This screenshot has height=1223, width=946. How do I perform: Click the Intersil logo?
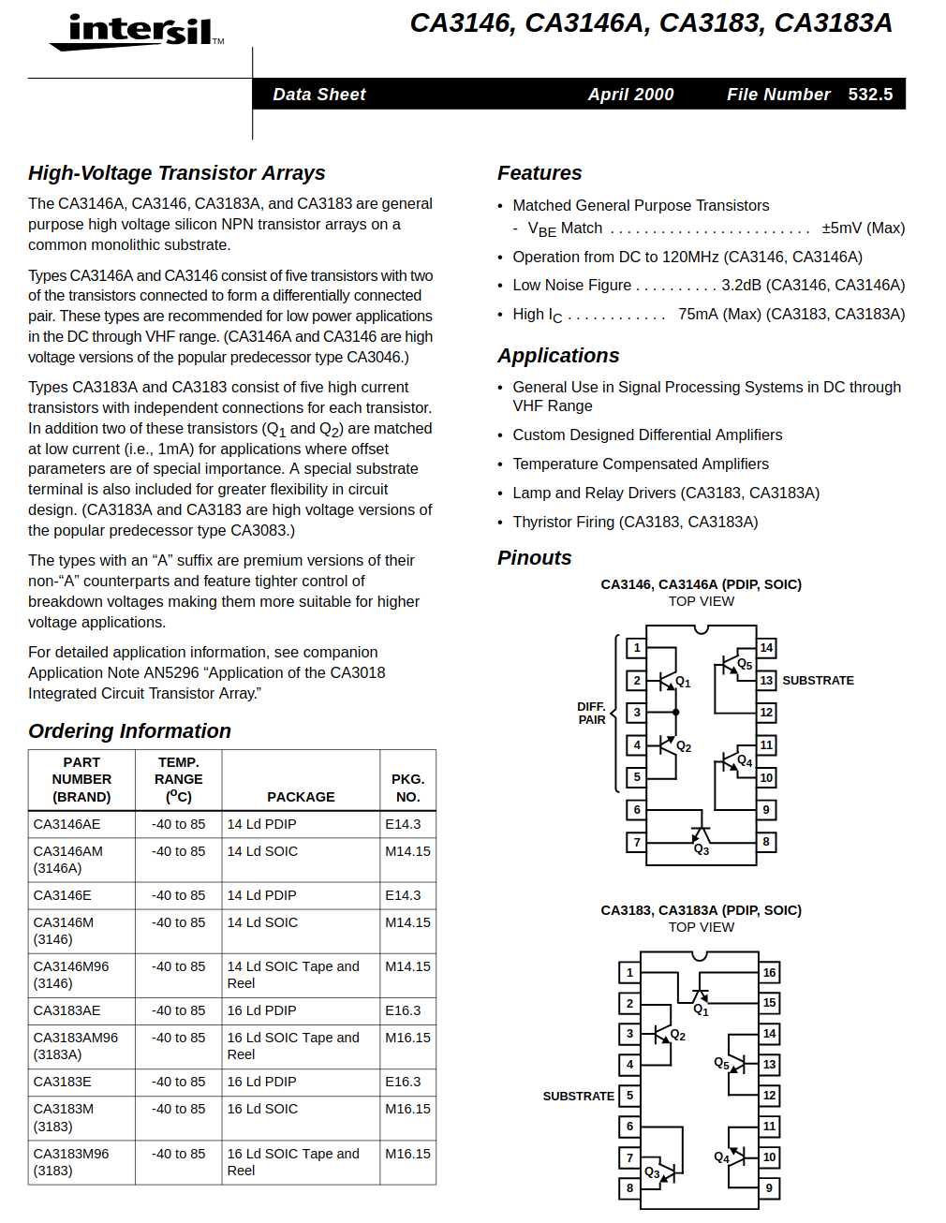click(139, 33)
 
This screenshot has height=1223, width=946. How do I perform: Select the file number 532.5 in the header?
click(870, 95)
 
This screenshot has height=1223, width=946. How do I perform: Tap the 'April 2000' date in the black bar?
click(630, 95)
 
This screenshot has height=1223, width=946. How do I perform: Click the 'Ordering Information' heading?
click(129, 731)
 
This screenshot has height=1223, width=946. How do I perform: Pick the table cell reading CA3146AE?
click(67, 824)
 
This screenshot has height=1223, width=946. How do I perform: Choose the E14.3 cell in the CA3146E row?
click(403, 895)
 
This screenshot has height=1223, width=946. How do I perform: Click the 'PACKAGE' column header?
click(301, 797)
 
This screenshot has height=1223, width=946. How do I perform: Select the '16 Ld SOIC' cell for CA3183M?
click(262, 1109)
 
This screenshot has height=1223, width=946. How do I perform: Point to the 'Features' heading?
click(540, 173)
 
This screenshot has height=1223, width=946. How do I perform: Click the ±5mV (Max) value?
click(863, 228)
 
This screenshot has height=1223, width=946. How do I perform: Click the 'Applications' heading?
click(558, 356)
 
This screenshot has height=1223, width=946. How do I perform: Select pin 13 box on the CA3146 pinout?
click(766, 681)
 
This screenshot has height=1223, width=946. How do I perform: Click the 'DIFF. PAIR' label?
click(591, 714)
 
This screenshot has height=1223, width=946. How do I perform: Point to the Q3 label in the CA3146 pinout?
click(702, 850)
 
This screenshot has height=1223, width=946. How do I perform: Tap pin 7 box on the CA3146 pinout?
click(637, 842)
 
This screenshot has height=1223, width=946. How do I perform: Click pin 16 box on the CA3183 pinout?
click(769, 973)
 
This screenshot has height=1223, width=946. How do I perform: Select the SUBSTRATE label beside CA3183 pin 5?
click(578, 1096)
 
